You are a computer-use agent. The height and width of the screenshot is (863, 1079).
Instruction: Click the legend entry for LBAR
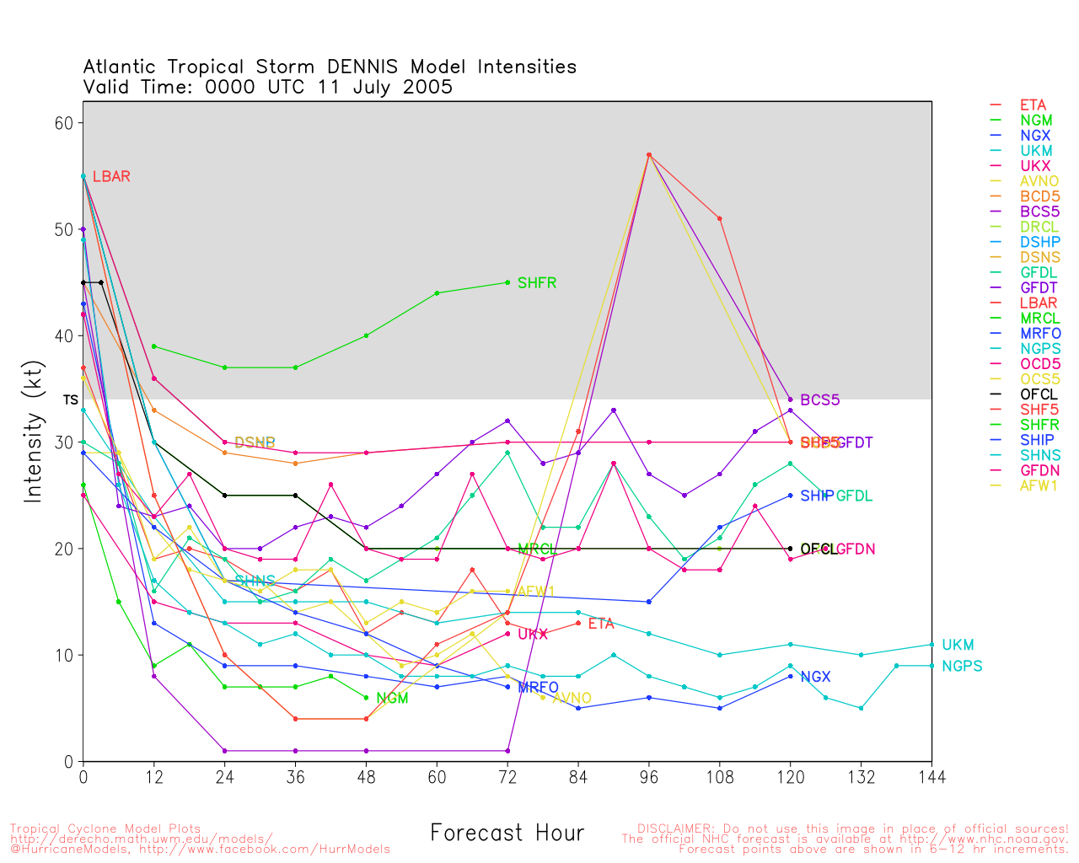[1032, 303]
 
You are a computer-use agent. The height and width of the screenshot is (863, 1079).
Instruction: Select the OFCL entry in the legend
[1038, 394]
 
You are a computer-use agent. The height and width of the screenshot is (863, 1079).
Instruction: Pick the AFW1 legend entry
[1038, 485]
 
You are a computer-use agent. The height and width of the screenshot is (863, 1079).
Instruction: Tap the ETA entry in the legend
[1032, 105]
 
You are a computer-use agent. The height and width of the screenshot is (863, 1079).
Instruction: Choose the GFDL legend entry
[1038, 272]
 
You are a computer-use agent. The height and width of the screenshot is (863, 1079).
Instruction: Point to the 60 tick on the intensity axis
[64, 123]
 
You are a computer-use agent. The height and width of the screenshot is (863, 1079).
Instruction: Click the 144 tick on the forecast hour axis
[931, 776]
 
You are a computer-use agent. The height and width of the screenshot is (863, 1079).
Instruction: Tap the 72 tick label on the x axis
[507, 776]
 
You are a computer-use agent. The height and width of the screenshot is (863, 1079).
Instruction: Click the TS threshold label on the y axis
[70, 399]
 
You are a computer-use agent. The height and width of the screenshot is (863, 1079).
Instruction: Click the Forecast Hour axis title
[507, 834]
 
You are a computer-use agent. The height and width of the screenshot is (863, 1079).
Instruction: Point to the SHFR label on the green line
[536, 283]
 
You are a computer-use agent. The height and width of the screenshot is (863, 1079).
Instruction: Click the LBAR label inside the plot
[111, 177]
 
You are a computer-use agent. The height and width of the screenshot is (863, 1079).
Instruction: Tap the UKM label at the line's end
[958, 646]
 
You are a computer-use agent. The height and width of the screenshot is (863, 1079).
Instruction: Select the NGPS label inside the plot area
[962, 667]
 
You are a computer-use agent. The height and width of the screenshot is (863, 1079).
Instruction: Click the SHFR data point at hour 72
[507, 282]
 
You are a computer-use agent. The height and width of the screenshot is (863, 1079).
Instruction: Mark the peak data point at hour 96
[648, 155]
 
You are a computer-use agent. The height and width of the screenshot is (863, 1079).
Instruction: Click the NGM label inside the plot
[392, 699]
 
